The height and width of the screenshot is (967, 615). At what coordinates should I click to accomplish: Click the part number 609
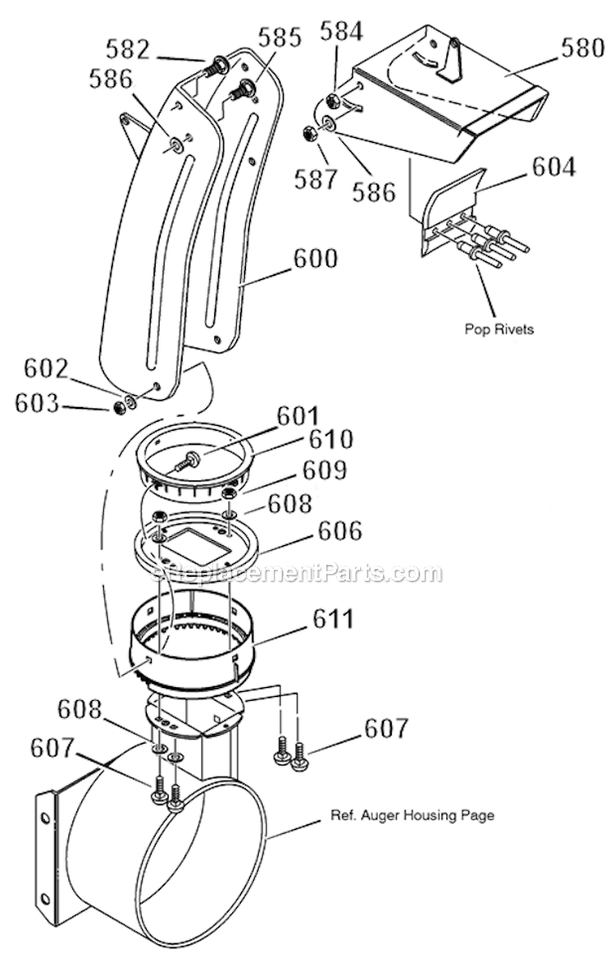coord(325,471)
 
